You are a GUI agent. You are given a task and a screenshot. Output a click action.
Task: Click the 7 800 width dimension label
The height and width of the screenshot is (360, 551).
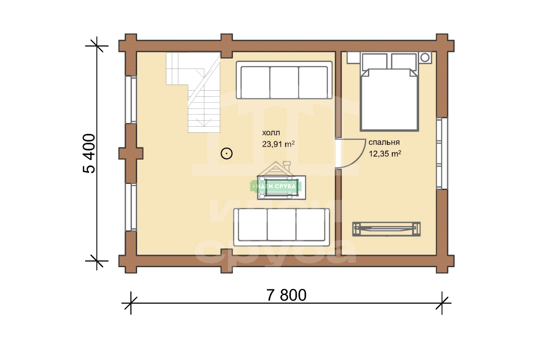[x=286, y=295]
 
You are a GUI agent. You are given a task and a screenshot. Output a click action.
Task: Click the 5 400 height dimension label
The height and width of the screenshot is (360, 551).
[x=89, y=154]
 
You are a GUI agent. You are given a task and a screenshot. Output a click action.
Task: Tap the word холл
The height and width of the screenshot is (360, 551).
[x=271, y=133]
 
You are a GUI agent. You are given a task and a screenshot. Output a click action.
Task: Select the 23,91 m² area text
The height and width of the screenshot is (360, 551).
[x=278, y=144]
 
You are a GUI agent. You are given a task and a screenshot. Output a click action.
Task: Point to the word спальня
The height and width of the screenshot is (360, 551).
[x=384, y=142]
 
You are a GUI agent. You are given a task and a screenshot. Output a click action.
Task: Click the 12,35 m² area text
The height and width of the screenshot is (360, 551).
[x=385, y=154]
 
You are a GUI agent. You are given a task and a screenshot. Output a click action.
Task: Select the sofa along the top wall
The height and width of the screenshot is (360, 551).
[x=284, y=80]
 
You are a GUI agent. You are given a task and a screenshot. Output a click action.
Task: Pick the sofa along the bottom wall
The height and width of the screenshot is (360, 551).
[x=282, y=227]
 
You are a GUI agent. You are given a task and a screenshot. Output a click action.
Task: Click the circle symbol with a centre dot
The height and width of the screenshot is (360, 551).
[x=226, y=154]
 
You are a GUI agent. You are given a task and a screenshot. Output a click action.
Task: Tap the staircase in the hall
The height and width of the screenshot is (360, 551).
[x=194, y=92]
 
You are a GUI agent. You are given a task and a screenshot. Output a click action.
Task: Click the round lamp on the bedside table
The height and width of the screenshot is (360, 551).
[x=425, y=58]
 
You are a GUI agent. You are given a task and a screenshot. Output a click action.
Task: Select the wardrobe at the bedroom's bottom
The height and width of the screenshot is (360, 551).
[x=387, y=229]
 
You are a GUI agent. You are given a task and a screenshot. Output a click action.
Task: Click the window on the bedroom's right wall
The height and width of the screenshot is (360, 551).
[x=442, y=154]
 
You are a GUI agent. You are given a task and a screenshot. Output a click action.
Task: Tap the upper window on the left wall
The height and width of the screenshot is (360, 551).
[x=131, y=100]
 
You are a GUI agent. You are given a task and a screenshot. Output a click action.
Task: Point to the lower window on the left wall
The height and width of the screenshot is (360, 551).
[x=131, y=207]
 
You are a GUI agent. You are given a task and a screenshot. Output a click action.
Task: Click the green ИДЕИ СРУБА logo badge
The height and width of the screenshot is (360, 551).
[x=276, y=186]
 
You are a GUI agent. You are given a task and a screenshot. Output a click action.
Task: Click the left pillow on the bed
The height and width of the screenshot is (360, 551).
[x=374, y=62]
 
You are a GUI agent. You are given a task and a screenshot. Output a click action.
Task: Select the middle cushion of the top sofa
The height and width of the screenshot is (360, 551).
[x=284, y=82]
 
